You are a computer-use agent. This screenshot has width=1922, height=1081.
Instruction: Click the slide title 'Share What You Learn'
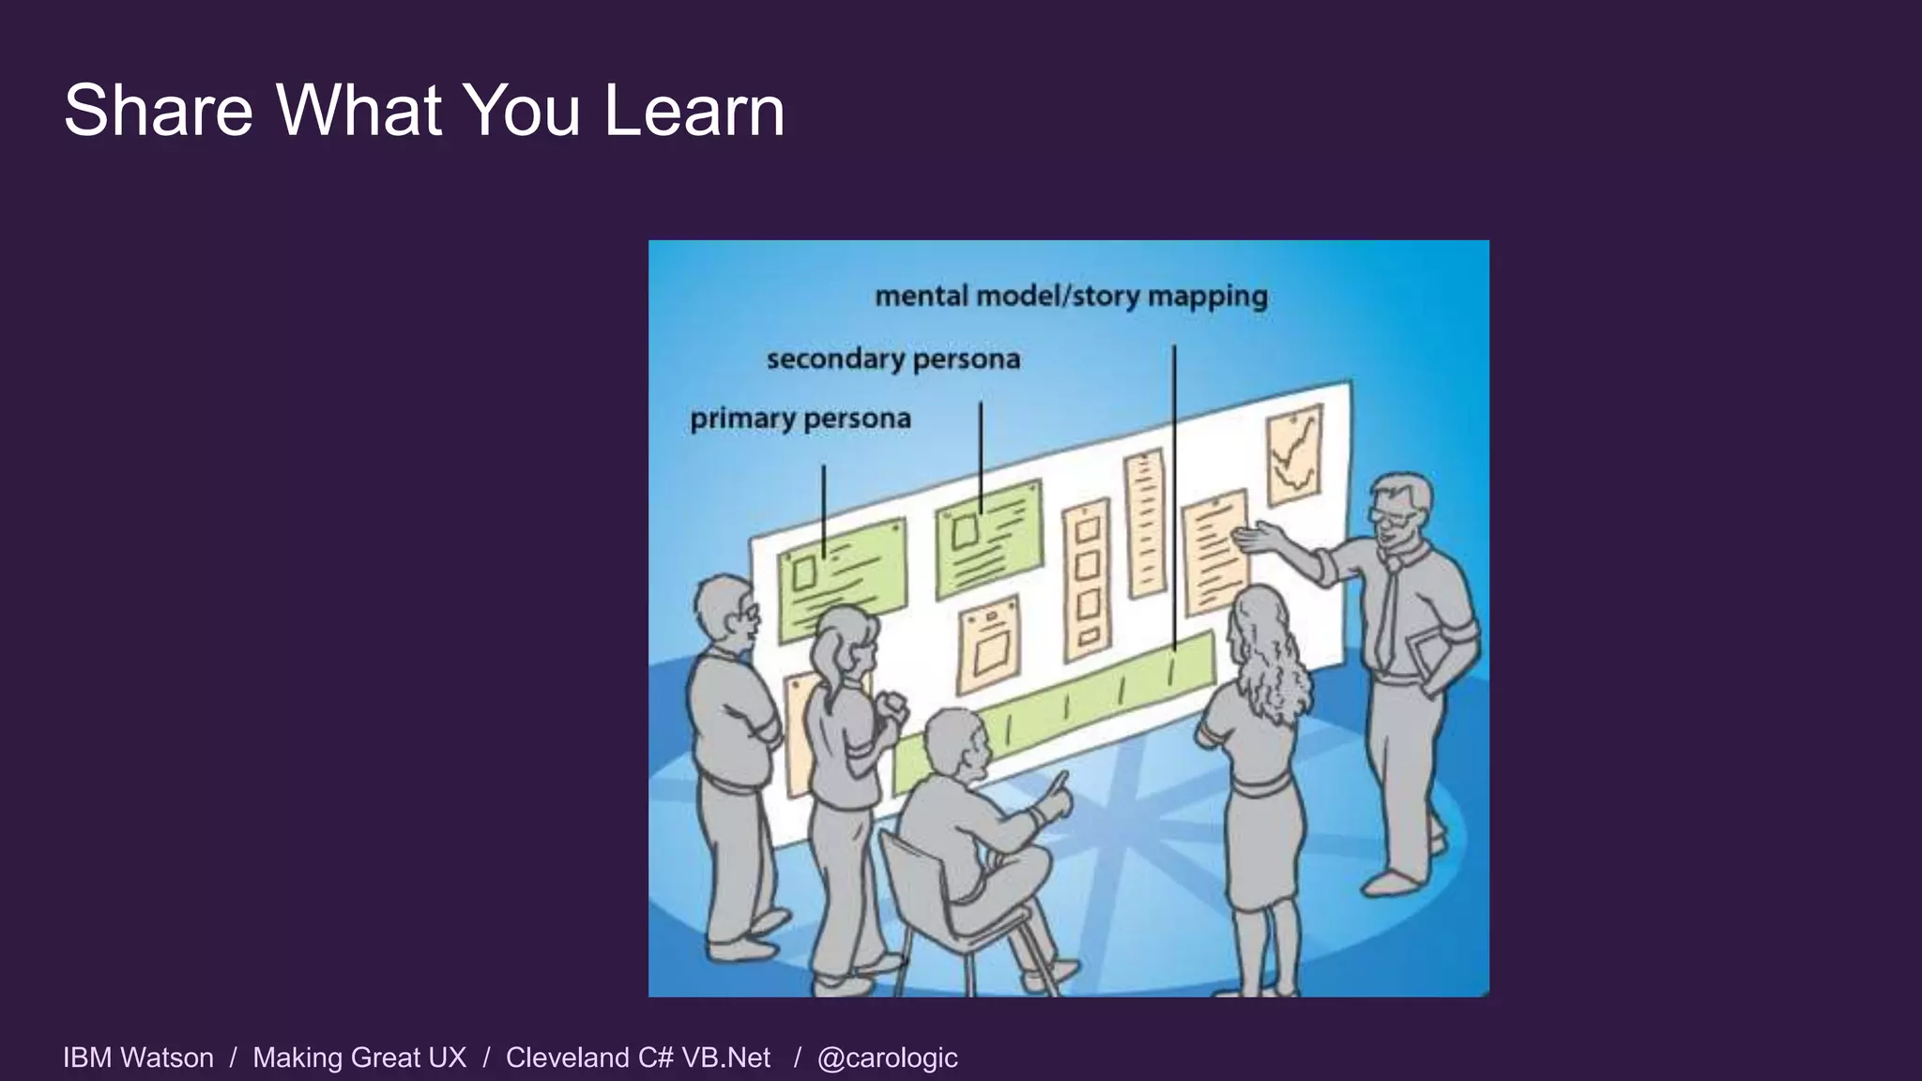click(x=424, y=111)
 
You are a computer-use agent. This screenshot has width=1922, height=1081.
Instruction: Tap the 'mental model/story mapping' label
click(x=1071, y=297)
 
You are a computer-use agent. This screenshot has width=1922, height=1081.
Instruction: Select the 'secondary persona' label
click(x=892, y=359)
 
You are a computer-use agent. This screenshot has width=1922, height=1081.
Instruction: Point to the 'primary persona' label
click(x=801, y=419)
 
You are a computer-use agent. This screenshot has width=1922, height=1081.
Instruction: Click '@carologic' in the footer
click(x=887, y=1058)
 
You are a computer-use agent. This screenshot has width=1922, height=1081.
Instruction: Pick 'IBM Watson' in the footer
click(x=138, y=1058)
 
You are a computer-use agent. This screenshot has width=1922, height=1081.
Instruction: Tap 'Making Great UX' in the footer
click(x=359, y=1058)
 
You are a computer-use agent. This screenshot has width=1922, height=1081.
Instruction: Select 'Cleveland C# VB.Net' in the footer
click(x=638, y=1058)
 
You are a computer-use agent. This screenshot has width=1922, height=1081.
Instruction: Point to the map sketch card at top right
click(x=1294, y=454)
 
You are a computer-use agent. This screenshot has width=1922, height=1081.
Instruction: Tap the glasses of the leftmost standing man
click(x=747, y=612)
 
